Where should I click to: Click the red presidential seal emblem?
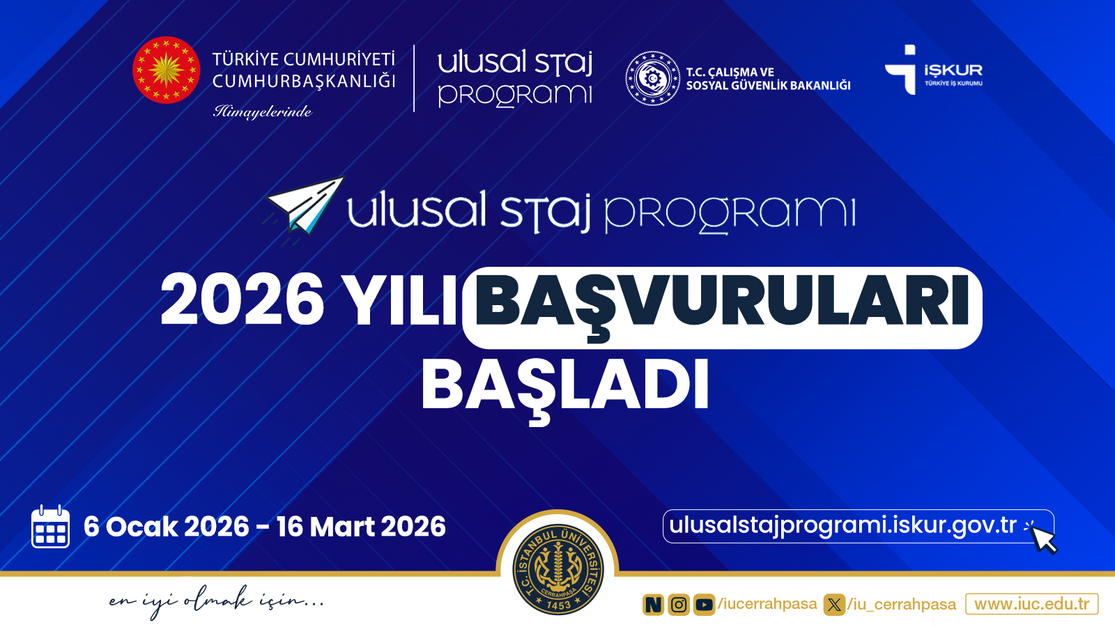click(166, 70)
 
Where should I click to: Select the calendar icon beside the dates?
click(50, 527)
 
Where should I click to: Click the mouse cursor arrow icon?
click(1043, 539)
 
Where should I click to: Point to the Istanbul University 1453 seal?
click(558, 569)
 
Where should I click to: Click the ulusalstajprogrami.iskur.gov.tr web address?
click(843, 525)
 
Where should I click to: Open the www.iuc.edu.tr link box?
click(1031, 604)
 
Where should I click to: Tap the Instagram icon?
click(679, 605)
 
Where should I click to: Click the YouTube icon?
click(704, 605)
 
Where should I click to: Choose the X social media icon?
click(833, 605)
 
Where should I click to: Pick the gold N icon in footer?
click(653, 605)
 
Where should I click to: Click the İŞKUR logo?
click(934, 70)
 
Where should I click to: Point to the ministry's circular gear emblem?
click(652, 79)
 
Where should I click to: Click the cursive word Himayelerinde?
click(262, 111)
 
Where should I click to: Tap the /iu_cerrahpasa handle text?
click(902, 605)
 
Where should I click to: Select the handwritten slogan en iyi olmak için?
click(216, 601)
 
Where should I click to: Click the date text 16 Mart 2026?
click(361, 527)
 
